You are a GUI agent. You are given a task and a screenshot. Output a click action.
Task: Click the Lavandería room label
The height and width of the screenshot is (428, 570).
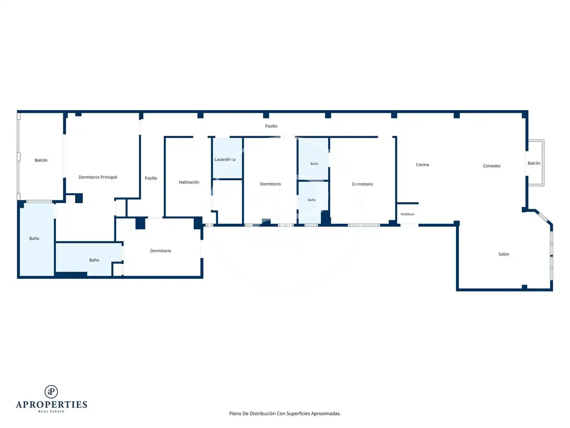point(225,159)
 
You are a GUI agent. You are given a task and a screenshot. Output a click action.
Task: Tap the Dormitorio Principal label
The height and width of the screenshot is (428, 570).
point(98,177)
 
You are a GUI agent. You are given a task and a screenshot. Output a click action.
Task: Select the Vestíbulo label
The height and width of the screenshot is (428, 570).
point(407,214)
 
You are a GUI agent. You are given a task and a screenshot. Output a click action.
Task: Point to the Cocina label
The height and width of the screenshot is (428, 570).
point(422,165)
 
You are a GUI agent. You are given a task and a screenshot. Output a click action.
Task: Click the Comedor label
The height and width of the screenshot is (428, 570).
point(491,166)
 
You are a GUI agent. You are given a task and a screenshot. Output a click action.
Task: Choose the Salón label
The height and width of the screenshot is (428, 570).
point(504,254)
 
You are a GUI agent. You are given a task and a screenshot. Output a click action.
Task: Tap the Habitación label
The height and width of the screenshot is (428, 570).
point(189,182)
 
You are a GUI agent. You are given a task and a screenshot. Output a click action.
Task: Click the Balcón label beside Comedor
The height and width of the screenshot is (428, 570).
point(534,163)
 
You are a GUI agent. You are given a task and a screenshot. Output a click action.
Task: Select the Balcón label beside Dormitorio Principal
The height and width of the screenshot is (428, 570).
point(41,160)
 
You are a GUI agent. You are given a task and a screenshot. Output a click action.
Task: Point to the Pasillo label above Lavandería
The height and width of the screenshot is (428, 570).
point(271,126)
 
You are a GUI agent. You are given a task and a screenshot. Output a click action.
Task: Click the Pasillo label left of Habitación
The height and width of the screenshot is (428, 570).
point(151,178)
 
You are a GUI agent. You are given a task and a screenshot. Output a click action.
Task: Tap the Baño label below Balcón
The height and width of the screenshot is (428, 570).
point(34,238)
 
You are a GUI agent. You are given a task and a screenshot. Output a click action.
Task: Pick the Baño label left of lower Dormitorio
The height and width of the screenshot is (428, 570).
point(94,260)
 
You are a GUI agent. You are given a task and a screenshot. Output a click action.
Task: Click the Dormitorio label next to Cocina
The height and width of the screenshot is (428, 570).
point(362,184)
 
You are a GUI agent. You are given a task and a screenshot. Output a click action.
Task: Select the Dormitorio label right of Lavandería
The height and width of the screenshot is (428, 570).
point(270,184)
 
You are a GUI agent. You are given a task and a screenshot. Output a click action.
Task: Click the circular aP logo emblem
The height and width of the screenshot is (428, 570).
point(51,392)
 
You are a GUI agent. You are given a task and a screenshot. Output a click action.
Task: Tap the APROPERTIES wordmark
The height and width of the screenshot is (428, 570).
point(51,405)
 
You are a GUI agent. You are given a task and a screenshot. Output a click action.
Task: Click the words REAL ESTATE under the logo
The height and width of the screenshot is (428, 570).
point(51,411)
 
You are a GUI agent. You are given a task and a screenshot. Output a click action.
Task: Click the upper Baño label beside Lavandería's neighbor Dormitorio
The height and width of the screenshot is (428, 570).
point(314,164)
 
